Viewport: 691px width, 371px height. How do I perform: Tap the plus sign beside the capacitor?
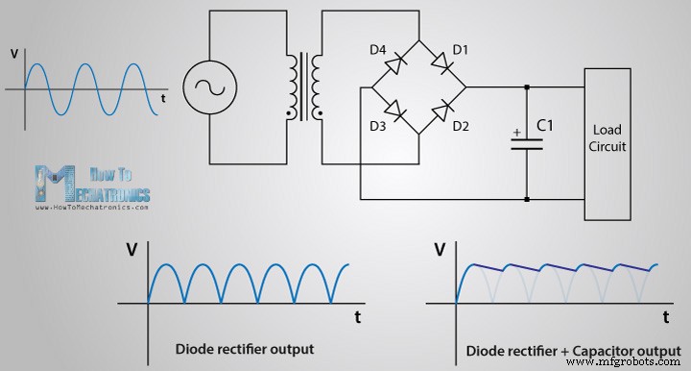point(515,132)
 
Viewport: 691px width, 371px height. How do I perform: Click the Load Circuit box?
point(609,139)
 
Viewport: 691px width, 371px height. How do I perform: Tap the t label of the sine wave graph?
point(165,98)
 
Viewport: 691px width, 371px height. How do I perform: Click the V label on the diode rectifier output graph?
point(131,252)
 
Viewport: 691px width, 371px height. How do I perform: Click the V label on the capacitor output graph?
point(441,252)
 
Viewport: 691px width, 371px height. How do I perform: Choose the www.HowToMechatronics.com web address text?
point(92,207)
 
